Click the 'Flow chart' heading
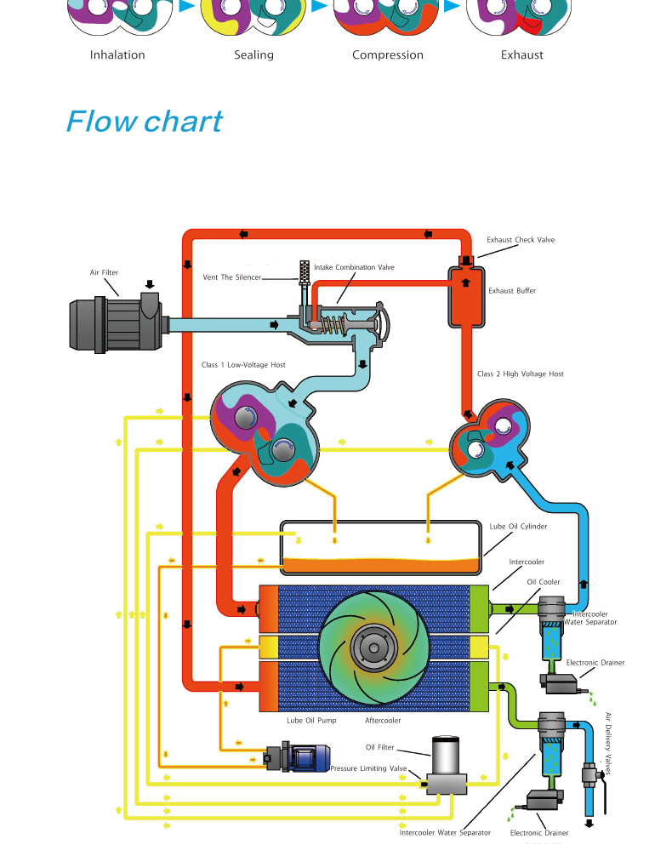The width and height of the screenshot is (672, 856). (x=144, y=122)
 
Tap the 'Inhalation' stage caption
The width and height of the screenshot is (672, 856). (x=117, y=55)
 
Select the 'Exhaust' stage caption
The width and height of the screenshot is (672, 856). (x=521, y=55)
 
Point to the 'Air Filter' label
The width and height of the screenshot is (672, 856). (x=105, y=273)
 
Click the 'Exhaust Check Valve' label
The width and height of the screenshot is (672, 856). (x=521, y=240)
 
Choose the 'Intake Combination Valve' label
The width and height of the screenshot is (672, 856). (x=354, y=267)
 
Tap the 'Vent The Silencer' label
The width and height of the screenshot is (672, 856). (x=231, y=277)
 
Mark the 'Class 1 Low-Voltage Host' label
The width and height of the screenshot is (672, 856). (x=243, y=365)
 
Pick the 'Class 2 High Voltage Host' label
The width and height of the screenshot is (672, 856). (x=520, y=374)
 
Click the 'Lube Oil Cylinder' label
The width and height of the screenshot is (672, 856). (x=518, y=527)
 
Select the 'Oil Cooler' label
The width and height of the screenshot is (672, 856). (x=544, y=582)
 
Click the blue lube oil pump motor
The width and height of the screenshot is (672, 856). (x=309, y=755)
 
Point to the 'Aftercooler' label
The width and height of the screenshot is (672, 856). (x=383, y=721)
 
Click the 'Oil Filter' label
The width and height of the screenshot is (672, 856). (x=380, y=748)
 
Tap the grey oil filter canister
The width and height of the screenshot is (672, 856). (x=448, y=756)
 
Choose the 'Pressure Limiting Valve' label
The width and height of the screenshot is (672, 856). (x=369, y=768)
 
